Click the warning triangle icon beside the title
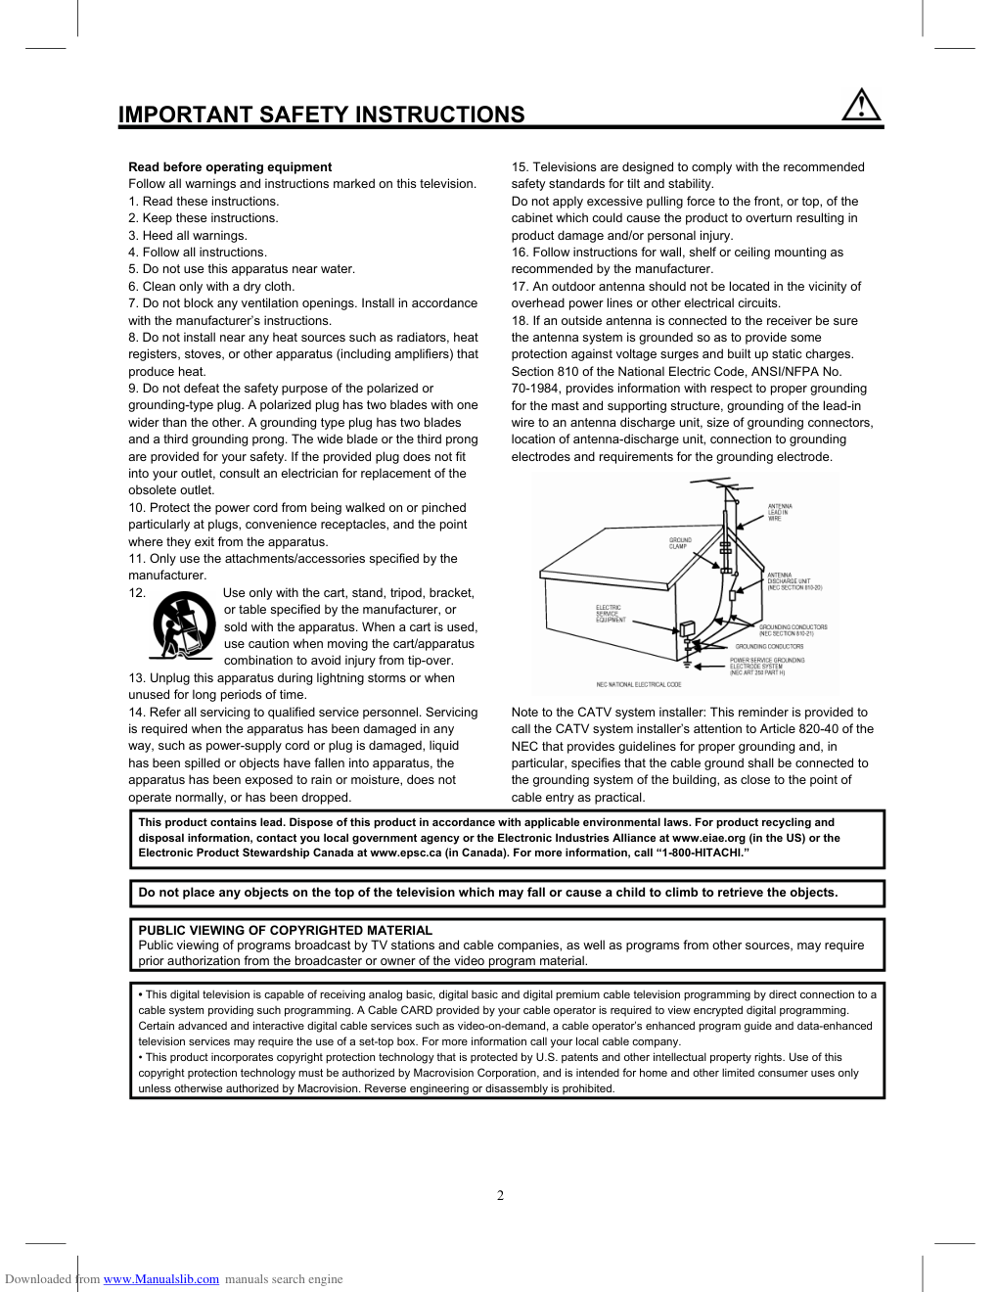pos(861,105)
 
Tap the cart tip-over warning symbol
pos(184,624)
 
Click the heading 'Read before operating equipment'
pos(230,167)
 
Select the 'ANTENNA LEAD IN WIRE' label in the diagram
pos(780,512)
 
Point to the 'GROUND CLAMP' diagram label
pos(680,543)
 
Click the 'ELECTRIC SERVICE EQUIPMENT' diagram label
pos(611,614)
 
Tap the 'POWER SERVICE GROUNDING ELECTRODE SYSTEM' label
pos(766,666)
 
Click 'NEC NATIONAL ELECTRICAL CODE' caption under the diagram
pos(638,685)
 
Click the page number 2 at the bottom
pos(500,1195)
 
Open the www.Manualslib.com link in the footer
pos(161,1279)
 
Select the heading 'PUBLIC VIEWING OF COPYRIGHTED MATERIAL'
pos(285,930)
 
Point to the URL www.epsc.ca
pos(405,853)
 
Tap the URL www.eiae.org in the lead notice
pos(708,838)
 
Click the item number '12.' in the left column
pos(137,593)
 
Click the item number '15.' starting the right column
pos(520,167)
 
